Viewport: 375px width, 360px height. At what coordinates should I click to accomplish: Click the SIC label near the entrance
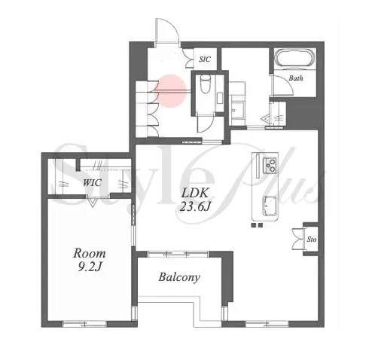pyautogui.click(x=205, y=59)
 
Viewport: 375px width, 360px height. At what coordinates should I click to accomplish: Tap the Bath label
pyautogui.click(x=296, y=78)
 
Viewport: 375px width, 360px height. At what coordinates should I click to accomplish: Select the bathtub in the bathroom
pyautogui.click(x=295, y=59)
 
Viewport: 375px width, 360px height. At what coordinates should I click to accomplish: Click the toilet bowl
pyautogui.click(x=206, y=84)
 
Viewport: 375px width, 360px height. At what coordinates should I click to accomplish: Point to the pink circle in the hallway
pyautogui.click(x=171, y=91)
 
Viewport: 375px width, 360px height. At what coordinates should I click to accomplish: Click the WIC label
pyautogui.click(x=92, y=182)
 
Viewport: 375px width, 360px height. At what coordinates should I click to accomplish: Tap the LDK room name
pyautogui.click(x=195, y=193)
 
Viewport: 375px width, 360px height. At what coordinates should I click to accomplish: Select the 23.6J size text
pyautogui.click(x=194, y=207)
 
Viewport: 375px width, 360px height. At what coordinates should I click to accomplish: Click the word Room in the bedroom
pyautogui.click(x=89, y=253)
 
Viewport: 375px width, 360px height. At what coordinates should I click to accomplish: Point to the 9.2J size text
pyautogui.click(x=90, y=267)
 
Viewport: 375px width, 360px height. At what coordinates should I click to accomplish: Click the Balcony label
pyautogui.click(x=179, y=277)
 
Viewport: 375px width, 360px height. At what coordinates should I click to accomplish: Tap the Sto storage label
pyautogui.click(x=312, y=239)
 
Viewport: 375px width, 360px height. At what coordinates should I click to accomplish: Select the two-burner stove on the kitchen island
pyautogui.click(x=270, y=165)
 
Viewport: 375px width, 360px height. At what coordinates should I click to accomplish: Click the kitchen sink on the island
pyautogui.click(x=270, y=206)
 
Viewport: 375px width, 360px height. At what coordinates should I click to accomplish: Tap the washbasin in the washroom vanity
pyautogui.click(x=237, y=111)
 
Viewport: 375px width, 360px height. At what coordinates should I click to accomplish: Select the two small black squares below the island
pyautogui.click(x=257, y=225)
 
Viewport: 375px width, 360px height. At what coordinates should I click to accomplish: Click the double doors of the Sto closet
pyautogui.click(x=298, y=239)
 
